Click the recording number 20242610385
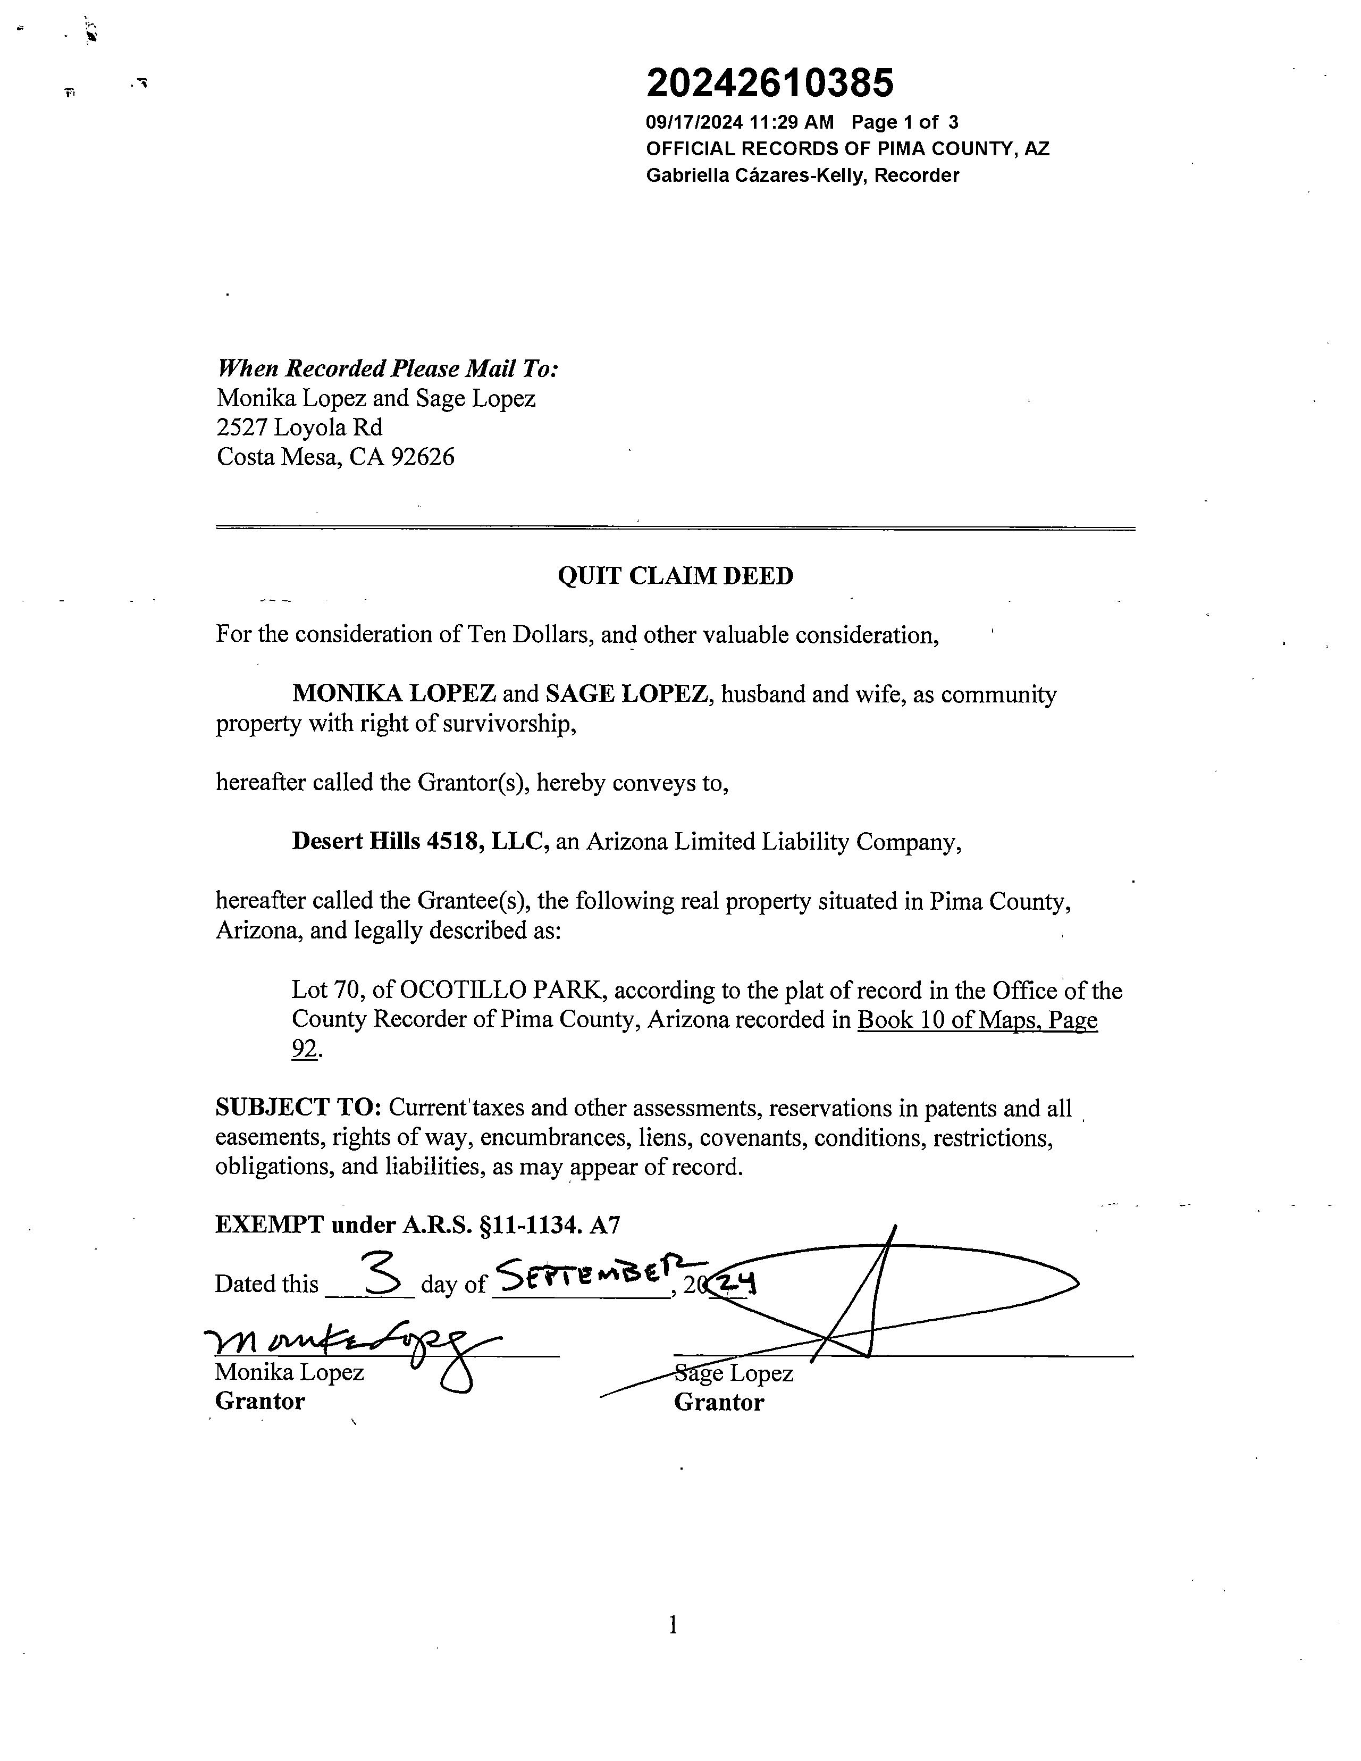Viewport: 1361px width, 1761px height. point(770,83)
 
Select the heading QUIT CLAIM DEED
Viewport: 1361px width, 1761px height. point(676,576)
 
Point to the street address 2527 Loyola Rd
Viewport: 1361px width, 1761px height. point(299,427)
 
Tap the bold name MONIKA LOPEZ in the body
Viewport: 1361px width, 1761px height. point(393,694)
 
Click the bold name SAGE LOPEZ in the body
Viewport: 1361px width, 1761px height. point(626,694)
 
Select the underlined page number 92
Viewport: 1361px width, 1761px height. point(305,1049)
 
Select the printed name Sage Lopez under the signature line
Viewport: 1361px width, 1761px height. point(734,1373)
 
